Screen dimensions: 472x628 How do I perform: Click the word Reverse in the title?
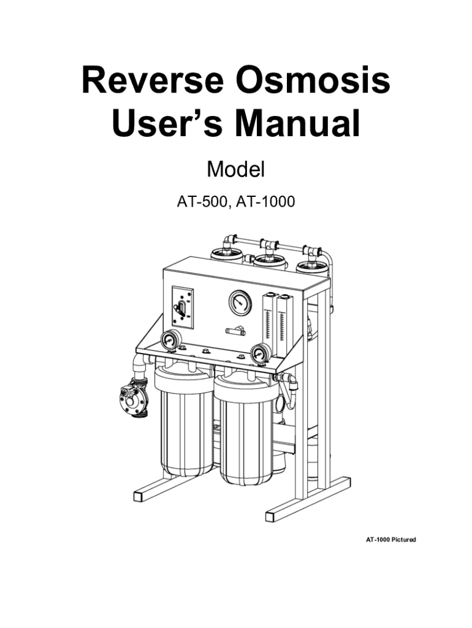153,80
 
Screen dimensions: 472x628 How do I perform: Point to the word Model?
236,169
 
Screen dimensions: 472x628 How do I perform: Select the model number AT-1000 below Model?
266,201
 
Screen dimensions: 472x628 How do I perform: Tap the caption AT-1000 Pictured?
390,540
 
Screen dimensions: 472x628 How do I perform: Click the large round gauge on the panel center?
240,303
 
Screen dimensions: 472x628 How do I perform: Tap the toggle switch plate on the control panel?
183,308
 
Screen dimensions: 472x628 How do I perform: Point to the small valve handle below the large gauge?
235,331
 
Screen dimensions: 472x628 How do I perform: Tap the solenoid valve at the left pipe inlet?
134,399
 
